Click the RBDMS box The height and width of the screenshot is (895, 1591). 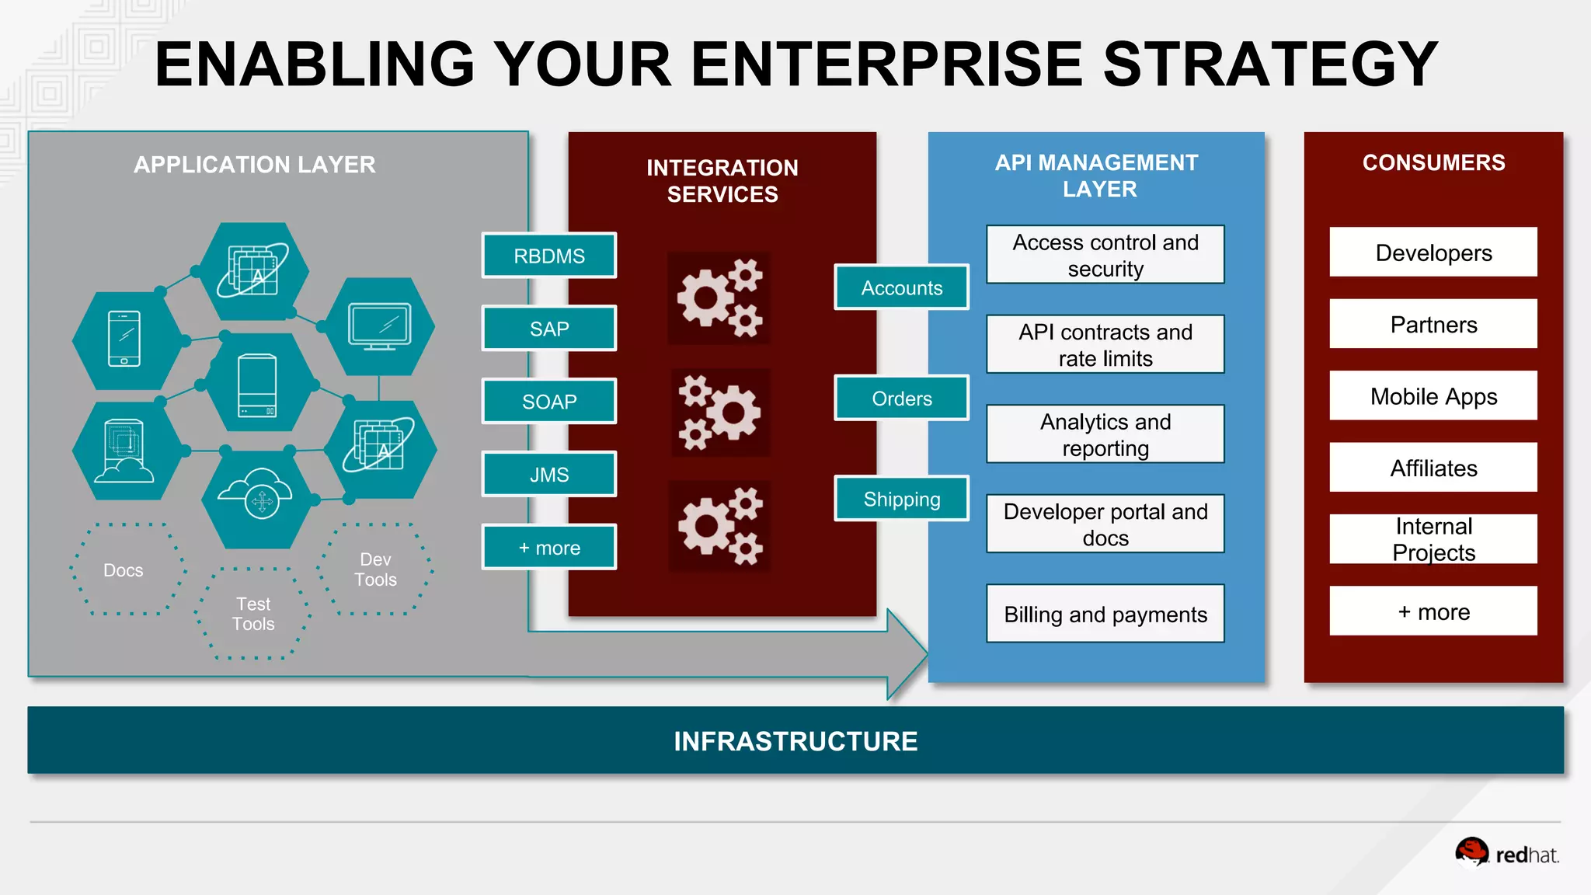pos(548,256)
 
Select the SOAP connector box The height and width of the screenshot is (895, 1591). pos(548,402)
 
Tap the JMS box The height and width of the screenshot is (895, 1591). pos(548,475)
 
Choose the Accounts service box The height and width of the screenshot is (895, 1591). pos(901,287)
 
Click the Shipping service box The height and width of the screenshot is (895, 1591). pos(901,499)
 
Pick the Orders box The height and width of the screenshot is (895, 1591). pos(901,399)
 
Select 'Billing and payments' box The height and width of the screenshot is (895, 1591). pos(1105,614)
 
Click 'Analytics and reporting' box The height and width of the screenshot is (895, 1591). pos(1105,434)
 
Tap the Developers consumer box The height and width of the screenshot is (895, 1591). pos(1433,252)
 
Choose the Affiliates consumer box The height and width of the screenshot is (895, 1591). pos(1433,468)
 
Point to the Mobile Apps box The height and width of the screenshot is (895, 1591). pos(1433,396)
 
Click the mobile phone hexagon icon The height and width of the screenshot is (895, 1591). pos(125,340)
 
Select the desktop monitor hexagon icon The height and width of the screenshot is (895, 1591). pos(379,326)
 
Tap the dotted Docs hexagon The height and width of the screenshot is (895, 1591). pos(124,570)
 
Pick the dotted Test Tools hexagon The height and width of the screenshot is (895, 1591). pos(253,614)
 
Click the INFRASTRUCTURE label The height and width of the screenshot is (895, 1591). pos(795,741)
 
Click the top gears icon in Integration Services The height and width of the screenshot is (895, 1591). pos(719,298)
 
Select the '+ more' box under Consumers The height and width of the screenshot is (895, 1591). pos(1433,611)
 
